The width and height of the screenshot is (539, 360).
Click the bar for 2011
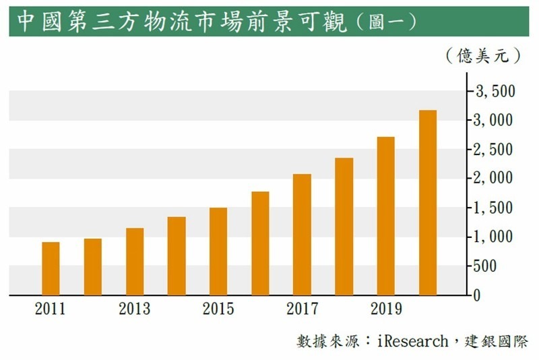coord(51,268)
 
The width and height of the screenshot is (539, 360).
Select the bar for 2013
coord(135,262)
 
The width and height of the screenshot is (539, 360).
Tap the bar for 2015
coord(218,251)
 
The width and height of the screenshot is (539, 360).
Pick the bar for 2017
coord(302,235)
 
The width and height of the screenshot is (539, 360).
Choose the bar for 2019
coord(385,216)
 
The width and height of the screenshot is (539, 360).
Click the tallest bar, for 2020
coord(428,202)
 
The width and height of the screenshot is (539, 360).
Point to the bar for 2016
coord(260,243)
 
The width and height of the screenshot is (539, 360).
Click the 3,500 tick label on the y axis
coord(495,91)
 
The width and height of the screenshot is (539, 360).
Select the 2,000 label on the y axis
coord(495,178)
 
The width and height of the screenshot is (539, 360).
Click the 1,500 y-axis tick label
coord(495,208)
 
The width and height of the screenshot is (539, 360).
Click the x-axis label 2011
coord(51,309)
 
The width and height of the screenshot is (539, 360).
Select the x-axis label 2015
coord(218,309)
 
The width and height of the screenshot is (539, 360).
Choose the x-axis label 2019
coord(385,309)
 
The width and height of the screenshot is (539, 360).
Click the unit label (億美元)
coord(484,56)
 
